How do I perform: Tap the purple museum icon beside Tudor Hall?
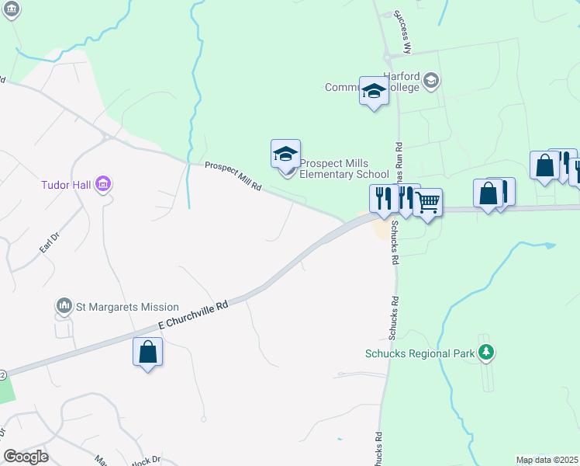pyautogui.click(x=102, y=185)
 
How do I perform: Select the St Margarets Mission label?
pyautogui.click(x=127, y=307)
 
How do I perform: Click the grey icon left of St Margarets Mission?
pyautogui.click(x=64, y=307)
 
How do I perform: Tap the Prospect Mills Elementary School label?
pyautogui.click(x=344, y=169)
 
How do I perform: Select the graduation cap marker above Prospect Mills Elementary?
pyautogui.click(x=285, y=155)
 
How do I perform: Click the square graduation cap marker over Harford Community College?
pyautogui.click(x=374, y=91)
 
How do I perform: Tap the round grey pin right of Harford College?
pyautogui.click(x=431, y=80)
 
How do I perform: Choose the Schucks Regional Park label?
pyautogui.click(x=419, y=353)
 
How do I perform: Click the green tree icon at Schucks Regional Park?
pyautogui.click(x=486, y=353)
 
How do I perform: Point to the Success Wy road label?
pyautogui.click(x=402, y=32)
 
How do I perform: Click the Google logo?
pyautogui.click(x=26, y=457)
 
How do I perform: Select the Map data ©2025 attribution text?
pyautogui.click(x=547, y=460)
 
